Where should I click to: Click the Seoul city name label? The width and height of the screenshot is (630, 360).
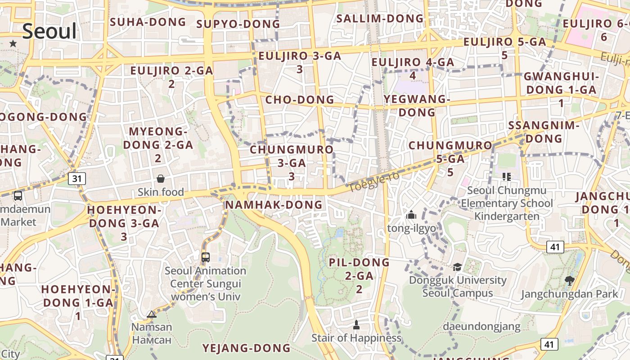(x=49, y=31)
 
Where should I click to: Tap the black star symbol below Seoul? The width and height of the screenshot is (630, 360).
(x=13, y=44)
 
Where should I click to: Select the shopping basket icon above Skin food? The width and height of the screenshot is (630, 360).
(x=161, y=179)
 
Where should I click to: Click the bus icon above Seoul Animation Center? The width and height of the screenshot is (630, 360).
(x=206, y=257)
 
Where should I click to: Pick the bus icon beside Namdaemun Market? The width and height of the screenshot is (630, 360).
(x=18, y=196)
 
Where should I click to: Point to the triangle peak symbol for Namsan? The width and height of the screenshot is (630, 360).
(x=152, y=314)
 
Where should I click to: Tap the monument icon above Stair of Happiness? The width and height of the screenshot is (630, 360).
(x=356, y=324)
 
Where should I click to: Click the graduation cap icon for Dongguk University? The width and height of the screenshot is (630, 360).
(x=457, y=267)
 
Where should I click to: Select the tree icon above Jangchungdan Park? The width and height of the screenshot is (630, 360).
(x=569, y=281)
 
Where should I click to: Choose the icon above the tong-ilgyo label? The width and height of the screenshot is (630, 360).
(x=411, y=215)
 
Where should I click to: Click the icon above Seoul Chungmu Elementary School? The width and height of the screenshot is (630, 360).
(x=506, y=177)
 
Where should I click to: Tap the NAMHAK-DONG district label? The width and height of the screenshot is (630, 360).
(x=274, y=205)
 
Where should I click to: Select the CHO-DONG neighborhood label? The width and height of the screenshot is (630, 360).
(x=300, y=99)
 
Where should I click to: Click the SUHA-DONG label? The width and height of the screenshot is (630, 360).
(x=148, y=22)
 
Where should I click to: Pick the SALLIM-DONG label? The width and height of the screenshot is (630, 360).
(x=380, y=18)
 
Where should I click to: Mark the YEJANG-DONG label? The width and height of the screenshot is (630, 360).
(x=246, y=348)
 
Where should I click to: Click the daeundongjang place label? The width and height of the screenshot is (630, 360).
(x=481, y=326)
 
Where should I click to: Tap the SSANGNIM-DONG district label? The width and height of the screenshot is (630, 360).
(x=544, y=132)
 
